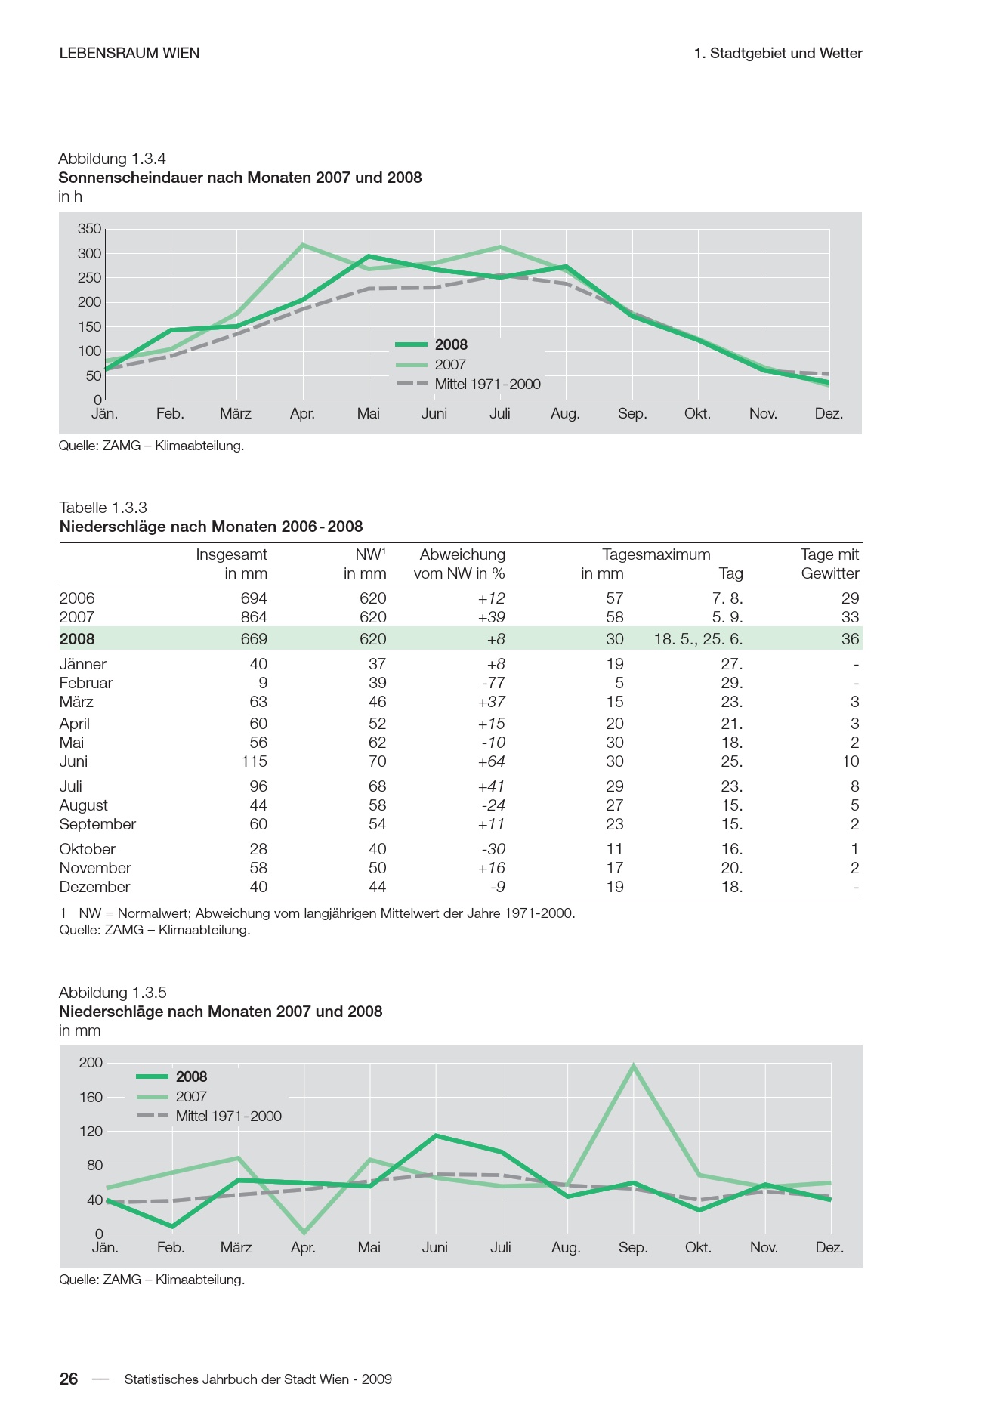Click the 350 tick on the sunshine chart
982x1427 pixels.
click(89, 229)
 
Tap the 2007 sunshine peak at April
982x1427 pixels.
click(303, 245)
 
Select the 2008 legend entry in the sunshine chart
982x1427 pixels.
click(451, 345)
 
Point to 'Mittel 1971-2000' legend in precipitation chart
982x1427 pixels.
click(228, 1117)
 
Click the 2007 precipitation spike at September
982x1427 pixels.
click(633, 1066)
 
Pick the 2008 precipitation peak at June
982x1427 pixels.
click(436, 1135)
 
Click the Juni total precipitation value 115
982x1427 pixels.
click(255, 761)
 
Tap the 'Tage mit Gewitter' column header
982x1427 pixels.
click(829, 564)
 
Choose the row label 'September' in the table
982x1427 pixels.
click(97, 824)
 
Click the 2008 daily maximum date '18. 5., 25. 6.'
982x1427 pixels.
click(698, 639)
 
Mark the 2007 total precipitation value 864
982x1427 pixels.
click(254, 617)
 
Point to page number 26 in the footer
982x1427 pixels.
click(69, 1379)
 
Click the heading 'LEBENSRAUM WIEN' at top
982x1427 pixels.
click(129, 53)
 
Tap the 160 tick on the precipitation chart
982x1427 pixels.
click(91, 1097)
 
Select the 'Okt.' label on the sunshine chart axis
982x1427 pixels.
click(697, 414)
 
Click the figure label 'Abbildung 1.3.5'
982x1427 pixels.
click(113, 993)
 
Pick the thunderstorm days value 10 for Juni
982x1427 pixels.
click(851, 761)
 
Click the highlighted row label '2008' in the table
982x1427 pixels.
click(77, 639)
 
